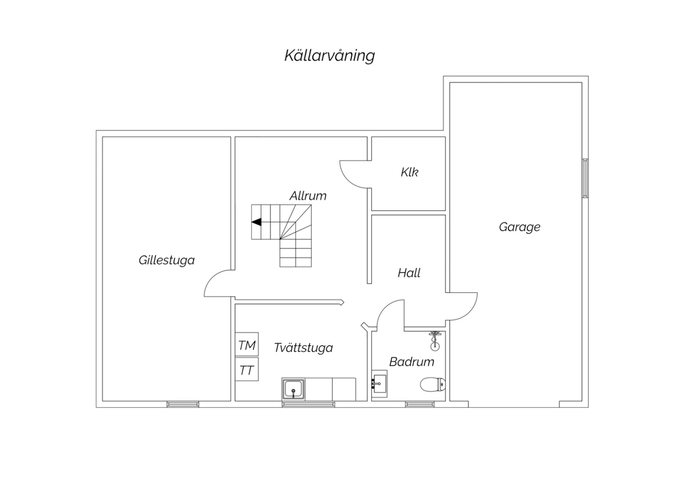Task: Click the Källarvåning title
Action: (330, 56)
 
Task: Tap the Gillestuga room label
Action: (167, 260)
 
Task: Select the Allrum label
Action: (308, 196)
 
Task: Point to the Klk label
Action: (409, 172)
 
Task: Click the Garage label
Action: (520, 227)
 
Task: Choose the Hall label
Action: (409, 273)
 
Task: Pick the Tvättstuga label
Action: (304, 348)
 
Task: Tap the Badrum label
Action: (412, 362)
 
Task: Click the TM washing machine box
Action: (247, 344)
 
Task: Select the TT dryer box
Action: (247, 369)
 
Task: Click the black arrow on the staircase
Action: (256, 222)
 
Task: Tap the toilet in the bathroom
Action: (433, 385)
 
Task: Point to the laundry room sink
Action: (294, 389)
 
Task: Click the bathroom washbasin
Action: (379, 384)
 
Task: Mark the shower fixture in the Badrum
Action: (435, 340)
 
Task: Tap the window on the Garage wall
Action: (586, 178)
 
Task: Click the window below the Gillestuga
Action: (183, 404)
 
